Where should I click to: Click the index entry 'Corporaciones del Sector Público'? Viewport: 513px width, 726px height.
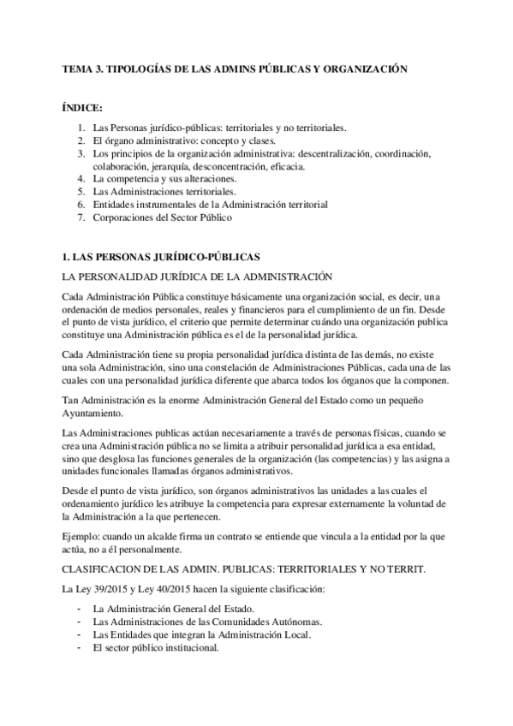point(163,218)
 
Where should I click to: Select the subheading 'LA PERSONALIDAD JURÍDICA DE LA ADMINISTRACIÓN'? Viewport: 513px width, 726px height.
point(191,277)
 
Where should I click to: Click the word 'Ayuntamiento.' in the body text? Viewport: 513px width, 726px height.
point(93,414)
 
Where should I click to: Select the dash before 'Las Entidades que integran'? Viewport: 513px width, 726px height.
point(79,634)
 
